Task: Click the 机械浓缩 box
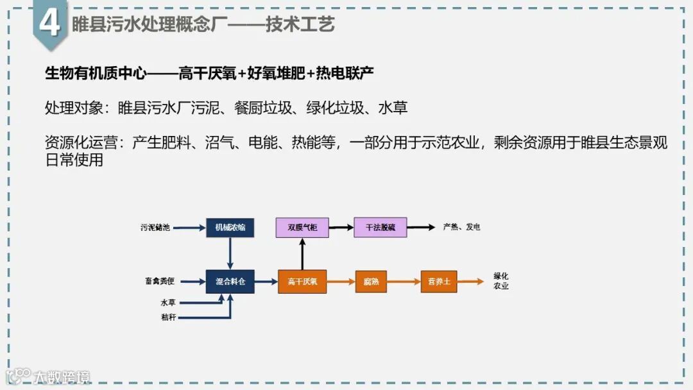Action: (230, 228)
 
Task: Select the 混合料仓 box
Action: (230, 282)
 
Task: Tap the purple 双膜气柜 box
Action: (302, 228)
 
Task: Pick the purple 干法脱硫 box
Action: (380, 228)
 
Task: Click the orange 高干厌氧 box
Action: (302, 282)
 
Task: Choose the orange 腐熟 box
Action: (371, 282)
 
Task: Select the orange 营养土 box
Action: (439, 282)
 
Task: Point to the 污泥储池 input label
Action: (155, 228)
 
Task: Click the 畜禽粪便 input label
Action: (159, 282)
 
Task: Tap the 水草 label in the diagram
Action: (168, 302)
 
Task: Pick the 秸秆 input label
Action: (168, 317)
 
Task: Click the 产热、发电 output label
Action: (461, 228)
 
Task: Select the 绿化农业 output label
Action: (501, 281)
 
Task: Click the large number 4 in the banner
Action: (50, 24)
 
